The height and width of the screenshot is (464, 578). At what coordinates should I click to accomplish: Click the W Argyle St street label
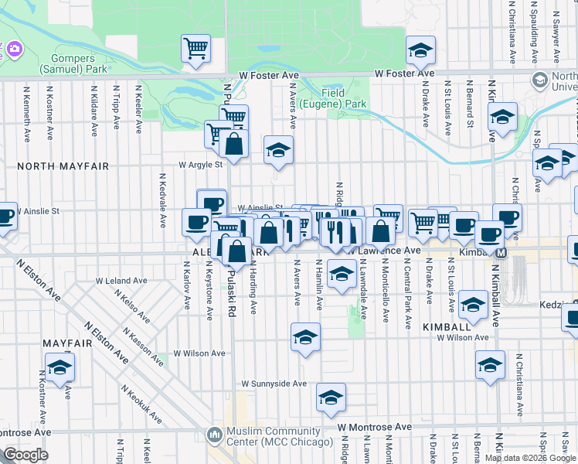point(200,164)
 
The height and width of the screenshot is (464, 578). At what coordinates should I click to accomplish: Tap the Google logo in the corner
point(25,455)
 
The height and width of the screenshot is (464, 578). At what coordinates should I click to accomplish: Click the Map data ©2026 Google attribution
point(530,458)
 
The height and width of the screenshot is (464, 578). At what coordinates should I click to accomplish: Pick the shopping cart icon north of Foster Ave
point(196,48)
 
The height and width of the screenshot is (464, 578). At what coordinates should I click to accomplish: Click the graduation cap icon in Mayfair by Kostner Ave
point(59,367)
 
